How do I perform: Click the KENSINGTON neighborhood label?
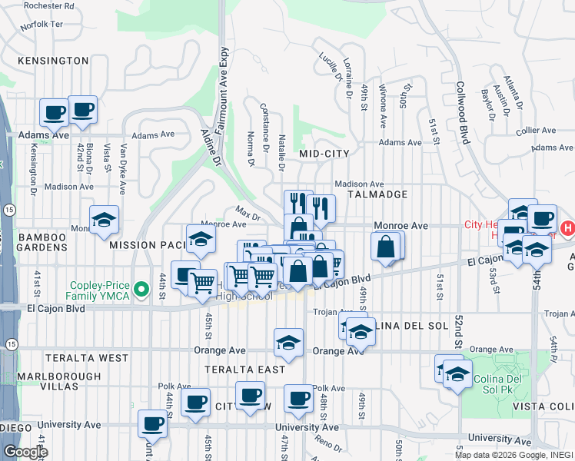[x=53, y=60]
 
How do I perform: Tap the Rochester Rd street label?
[x=48, y=5]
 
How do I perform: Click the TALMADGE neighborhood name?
[x=376, y=194]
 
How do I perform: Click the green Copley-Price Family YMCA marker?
[x=140, y=290]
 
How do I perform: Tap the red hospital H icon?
[x=568, y=228]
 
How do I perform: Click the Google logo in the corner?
[x=25, y=452]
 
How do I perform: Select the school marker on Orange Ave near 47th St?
[x=288, y=342]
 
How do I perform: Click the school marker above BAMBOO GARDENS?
[x=105, y=220]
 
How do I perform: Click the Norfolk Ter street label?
[x=42, y=25]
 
